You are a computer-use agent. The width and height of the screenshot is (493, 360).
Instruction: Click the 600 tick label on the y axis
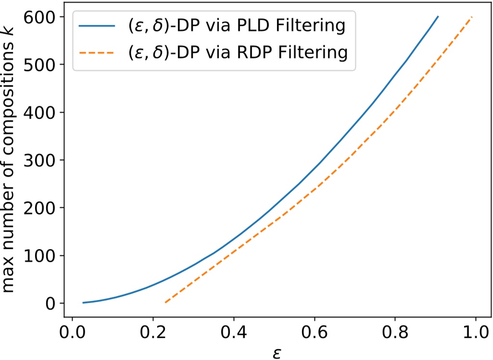[x=41, y=17]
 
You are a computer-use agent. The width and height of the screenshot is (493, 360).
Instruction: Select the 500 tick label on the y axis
[x=41, y=65]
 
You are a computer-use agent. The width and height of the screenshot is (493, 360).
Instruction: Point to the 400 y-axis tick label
[x=41, y=112]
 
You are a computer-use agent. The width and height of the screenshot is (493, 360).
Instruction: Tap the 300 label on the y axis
[x=41, y=160]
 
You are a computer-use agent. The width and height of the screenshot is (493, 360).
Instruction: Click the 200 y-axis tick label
[x=41, y=208]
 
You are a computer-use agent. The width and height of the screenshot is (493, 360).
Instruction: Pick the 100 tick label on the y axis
[x=41, y=255]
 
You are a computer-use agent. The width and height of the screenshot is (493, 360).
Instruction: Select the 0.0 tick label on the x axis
[x=72, y=332]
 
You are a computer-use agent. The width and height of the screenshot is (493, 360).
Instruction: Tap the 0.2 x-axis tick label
[x=152, y=332]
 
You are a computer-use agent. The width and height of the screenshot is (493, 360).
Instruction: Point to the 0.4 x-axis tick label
[x=233, y=332]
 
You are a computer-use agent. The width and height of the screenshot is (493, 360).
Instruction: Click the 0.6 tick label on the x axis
[x=314, y=332]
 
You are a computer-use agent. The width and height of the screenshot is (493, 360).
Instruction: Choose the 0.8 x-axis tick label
[x=395, y=332]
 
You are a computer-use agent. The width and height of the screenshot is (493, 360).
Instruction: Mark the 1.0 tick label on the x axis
[x=476, y=332]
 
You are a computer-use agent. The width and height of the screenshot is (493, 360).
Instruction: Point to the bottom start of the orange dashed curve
[x=165, y=302]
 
